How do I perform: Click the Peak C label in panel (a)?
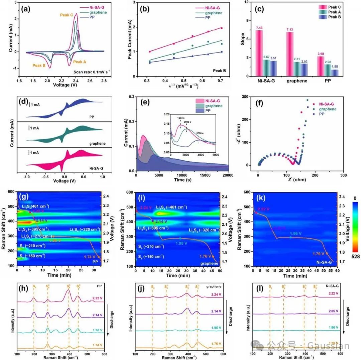[x=67, y=15]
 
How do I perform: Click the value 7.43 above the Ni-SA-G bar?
[x=259, y=27]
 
